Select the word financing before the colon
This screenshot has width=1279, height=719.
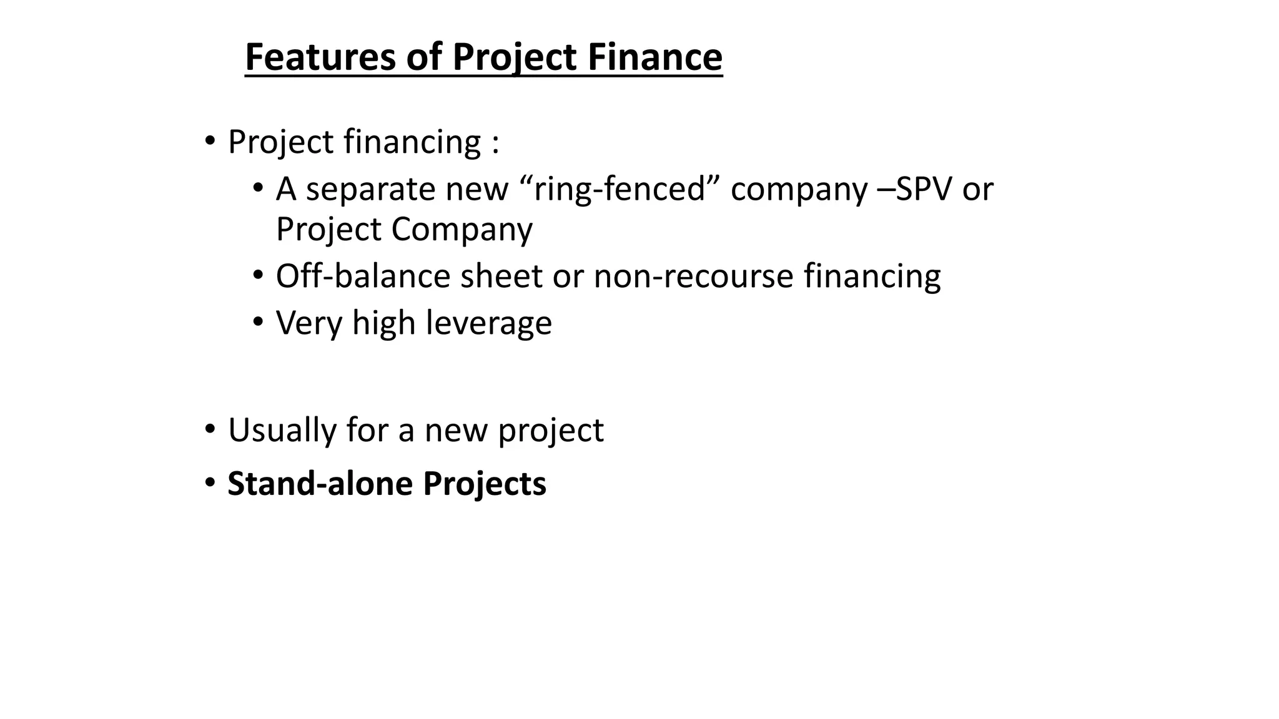click(413, 142)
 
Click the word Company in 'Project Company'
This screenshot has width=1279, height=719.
click(462, 229)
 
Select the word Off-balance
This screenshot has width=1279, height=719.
click(363, 276)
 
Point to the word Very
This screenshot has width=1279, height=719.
click(309, 323)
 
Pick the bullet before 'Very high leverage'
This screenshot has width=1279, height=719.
click(258, 322)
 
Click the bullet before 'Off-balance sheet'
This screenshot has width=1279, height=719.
click(258, 275)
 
